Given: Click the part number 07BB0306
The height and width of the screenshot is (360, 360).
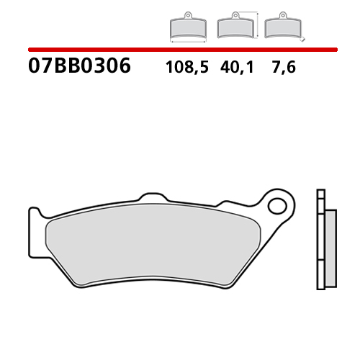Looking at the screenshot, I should coord(79,67).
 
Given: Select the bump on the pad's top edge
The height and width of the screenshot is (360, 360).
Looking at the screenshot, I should coord(150,197).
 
